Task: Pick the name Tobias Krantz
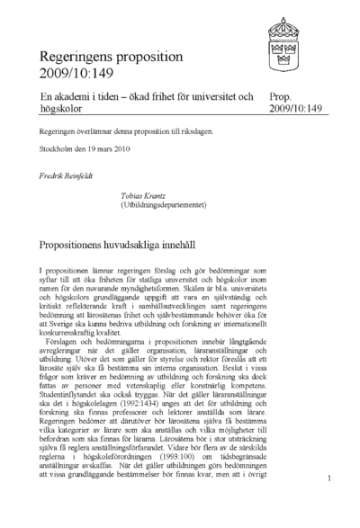pos(146,193)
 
